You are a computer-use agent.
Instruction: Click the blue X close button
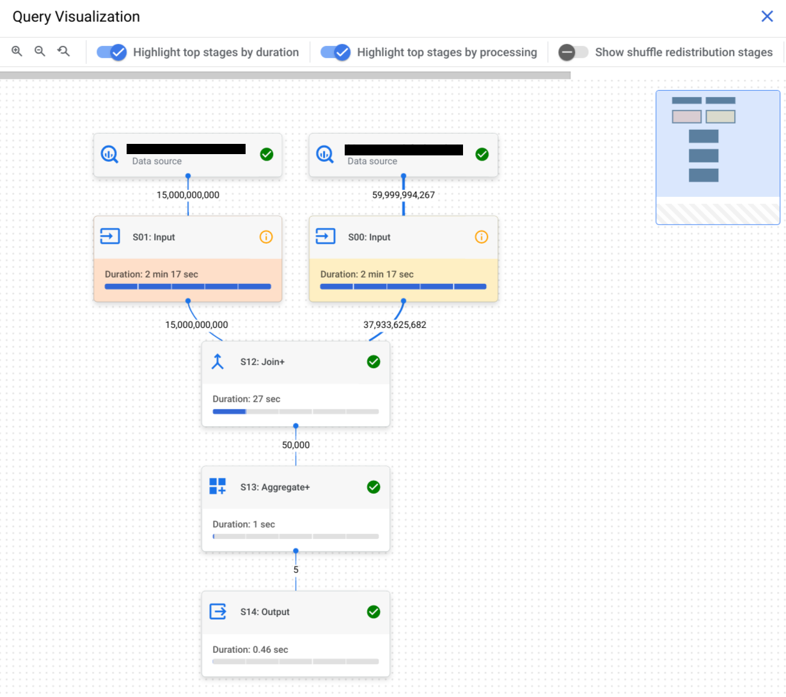click(x=767, y=17)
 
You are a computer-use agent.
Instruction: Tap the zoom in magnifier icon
click(x=17, y=51)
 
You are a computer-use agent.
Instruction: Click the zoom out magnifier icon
click(x=40, y=51)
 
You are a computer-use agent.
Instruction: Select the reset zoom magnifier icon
click(x=63, y=51)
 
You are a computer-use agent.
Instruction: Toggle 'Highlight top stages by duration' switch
click(x=112, y=52)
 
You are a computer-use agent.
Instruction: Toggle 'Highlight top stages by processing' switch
click(x=336, y=52)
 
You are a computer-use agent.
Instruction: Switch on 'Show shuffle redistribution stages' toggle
click(x=572, y=52)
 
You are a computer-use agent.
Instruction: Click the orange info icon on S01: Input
click(x=266, y=237)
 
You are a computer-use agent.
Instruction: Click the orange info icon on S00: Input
click(x=482, y=237)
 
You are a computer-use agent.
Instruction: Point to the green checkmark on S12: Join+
click(x=373, y=362)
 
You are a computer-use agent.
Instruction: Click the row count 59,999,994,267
click(x=404, y=195)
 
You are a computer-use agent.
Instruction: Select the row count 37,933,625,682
click(x=395, y=325)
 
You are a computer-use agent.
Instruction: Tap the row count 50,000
click(x=295, y=445)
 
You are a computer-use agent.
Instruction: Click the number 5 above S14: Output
click(x=295, y=570)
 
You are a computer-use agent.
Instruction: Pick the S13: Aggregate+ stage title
click(x=275, y=487)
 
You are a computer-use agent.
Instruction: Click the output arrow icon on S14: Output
click(x=218, y=612)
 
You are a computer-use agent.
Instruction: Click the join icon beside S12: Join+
click(x=218, y=362)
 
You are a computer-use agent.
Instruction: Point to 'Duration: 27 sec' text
click(x=246, y=399)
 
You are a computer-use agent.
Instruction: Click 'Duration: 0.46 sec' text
click(x=250, y=650)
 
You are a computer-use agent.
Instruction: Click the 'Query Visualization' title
click(x=76, y=17)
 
